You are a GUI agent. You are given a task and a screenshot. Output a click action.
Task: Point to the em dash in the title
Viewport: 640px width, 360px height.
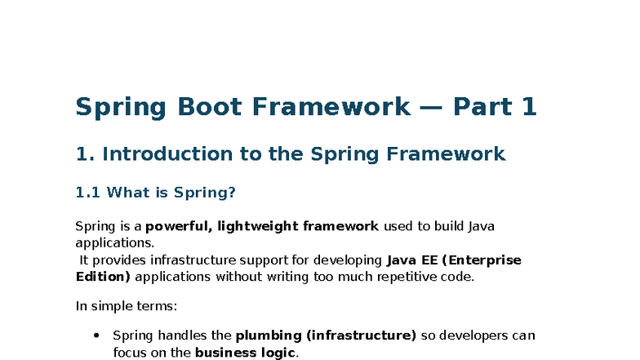click(x=431, y=107)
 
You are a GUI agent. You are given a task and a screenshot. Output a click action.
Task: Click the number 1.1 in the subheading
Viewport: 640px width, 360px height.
click(x=87, y=193)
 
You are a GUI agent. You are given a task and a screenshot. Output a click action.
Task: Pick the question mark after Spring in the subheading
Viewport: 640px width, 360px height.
click(x=232, y=193)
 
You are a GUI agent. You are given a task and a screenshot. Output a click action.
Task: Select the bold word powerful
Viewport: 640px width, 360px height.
click(x=175, y=226)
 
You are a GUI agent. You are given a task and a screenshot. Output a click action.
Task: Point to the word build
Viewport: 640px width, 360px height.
click(x=443, y=226)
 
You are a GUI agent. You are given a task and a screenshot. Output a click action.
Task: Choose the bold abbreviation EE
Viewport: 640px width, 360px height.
click(x=428, y=260)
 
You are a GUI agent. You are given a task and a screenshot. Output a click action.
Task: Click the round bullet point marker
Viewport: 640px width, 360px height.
click(x=96, y=336)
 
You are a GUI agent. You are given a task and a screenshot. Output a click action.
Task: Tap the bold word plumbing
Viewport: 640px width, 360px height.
click(x=265, y=336)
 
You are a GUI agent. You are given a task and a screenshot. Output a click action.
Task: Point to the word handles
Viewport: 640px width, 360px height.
click(x=186, y=336)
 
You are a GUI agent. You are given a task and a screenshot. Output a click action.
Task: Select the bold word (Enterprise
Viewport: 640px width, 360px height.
click(x=482, y=260)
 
